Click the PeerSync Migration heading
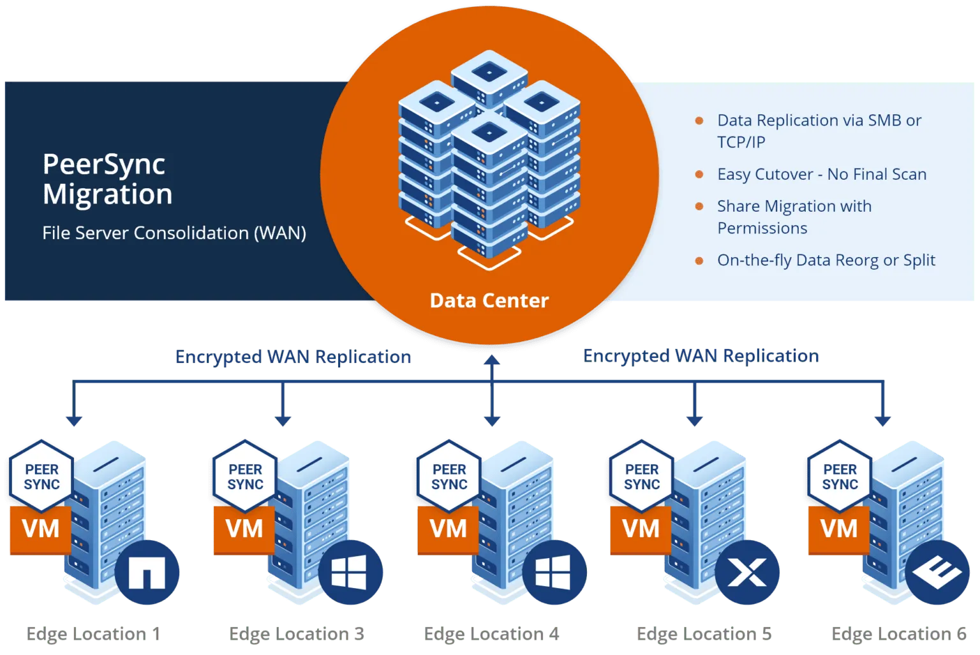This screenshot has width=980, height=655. (x=107, y=179)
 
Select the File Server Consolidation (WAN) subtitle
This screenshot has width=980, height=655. (x=174, y=233)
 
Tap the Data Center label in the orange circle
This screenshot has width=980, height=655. (x=489, y=300)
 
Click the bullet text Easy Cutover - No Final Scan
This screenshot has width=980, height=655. (x=821, y=174)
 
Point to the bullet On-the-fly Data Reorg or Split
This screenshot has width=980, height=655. (x=826, y=260)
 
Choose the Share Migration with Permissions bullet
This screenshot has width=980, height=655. (x=794, y=217)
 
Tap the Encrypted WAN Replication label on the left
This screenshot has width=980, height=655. (x=293, y=357)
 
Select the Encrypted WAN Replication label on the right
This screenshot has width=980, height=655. (x=701, y=355)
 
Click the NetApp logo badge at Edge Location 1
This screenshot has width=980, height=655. (x=147, y=572)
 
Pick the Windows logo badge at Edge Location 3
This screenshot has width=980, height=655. (x=350, y=572)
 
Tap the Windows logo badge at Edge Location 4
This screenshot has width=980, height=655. (x=553, y=572)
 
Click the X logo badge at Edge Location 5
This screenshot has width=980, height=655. (x=747, y=572)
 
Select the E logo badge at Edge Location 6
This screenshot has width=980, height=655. (x=937, y=572)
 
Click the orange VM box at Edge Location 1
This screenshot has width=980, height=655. (x=40, y=529)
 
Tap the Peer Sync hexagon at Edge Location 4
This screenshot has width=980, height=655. (x=449, y=476)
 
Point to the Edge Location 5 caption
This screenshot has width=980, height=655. (x=703, y=634)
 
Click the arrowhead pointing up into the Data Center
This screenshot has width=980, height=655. (x=491, y=360)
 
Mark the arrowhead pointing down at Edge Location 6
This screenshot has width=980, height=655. (x=882, y=420)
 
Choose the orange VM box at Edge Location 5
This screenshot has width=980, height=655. (x=640, y=529)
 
